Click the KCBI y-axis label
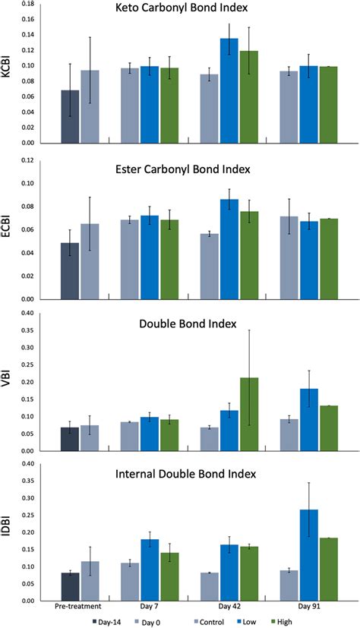(x=9, y=74)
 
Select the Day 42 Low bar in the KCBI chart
(x=229, y=91)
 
